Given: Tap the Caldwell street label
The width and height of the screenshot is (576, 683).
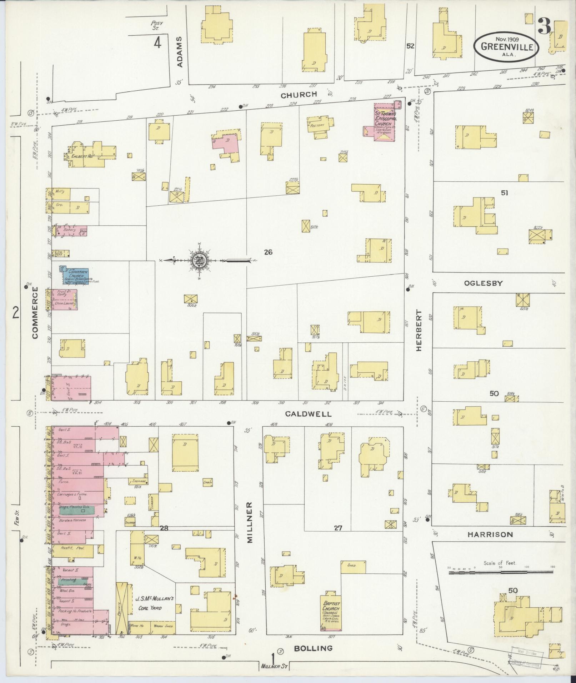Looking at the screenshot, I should coord(308,414).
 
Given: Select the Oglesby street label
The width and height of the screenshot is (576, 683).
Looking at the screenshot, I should coord(483,283).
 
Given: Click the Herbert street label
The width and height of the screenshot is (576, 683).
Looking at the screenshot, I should coord(419,330).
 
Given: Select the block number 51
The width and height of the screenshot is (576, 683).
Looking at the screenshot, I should coord(505,193).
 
